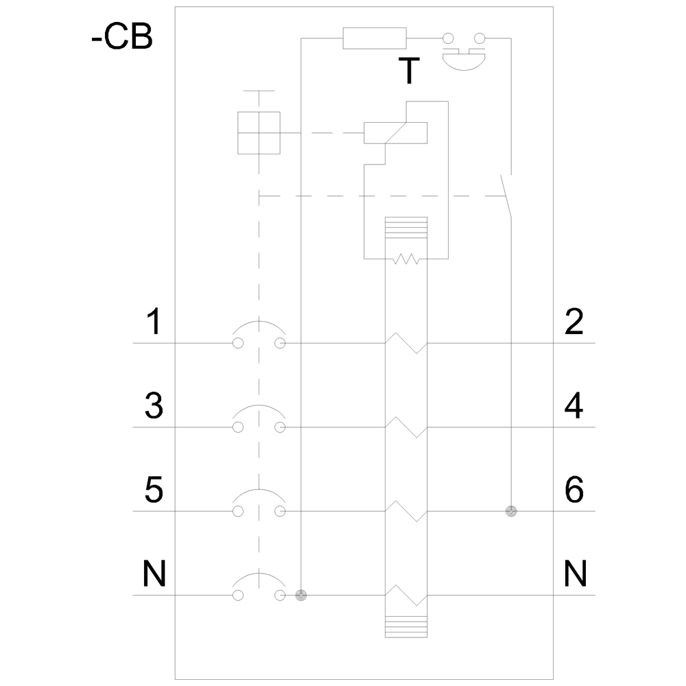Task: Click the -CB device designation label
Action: tap(122, 37)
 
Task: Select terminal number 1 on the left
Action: tap(154, 322)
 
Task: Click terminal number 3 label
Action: tap(154, 405)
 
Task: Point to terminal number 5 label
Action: tap(154, 490)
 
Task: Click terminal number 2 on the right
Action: tap(574, 322)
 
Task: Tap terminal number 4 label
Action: tap(574, 405)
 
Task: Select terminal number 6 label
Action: tap(574, 490)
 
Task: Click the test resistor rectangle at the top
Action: tap(375, 38)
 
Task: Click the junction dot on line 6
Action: tap(511, 511)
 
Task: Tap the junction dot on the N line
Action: tap(301, 595)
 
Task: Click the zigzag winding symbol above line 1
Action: tap(406, 259)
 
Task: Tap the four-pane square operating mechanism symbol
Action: tap(259, 133)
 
